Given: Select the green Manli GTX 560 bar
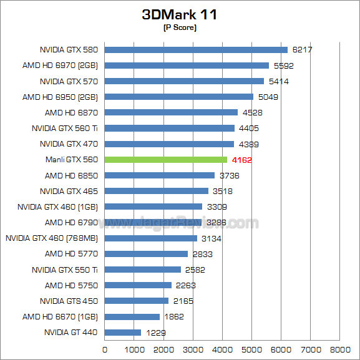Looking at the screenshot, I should (166, 160).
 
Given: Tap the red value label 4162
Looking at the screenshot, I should (241, 160).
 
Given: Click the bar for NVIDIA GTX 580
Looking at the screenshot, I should (196, 50).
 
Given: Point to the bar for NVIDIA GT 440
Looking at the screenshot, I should (123, 333).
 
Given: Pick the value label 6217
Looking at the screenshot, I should (302, 50).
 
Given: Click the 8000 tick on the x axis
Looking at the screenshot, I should (340, 349).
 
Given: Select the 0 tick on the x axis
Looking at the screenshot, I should (105, 349).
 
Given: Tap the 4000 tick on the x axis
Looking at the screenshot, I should (222, 349).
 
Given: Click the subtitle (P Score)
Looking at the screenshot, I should (180, 27).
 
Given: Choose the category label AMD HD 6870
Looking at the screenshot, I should (71, 112).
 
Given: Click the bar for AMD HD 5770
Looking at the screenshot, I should (146, 254).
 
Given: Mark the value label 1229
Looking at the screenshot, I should (155, 333).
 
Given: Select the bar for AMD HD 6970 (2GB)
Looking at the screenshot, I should (187, 66).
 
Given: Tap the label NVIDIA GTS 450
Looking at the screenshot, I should (69, 301).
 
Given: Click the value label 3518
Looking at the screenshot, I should (223, 191).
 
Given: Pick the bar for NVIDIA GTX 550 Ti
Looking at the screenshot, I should (143, 270).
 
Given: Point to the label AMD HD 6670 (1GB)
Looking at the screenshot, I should (60, 317).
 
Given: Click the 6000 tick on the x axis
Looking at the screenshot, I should (281, 349).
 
